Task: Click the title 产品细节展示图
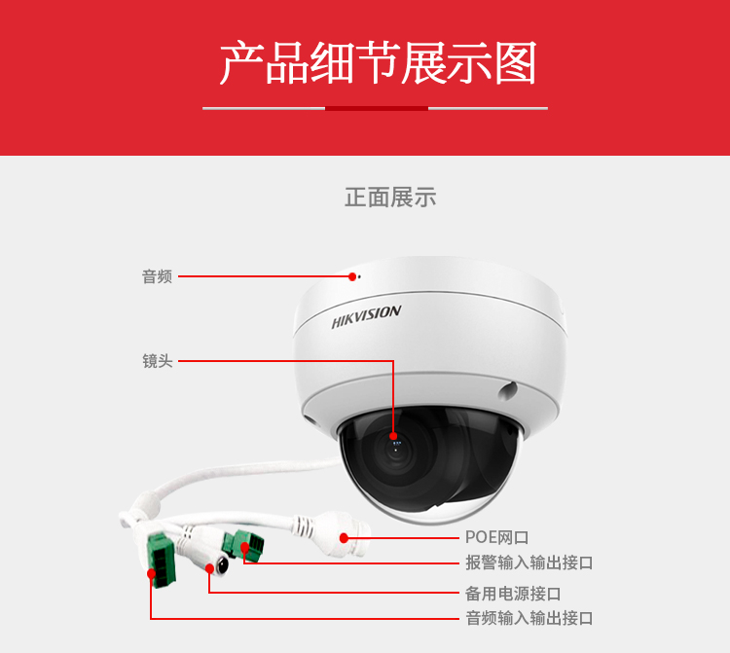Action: pyautogui.click(x=377, y=63)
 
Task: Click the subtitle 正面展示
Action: pyautogui.click(x=390, y=198)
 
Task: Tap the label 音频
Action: pyautogui.click(x=157, y=276)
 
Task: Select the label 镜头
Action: pyautogui.click(x=157, y=361)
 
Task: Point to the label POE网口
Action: pyautogui.click(x=496, y=537)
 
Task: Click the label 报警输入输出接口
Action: pyautogui.click(x=529, y=562)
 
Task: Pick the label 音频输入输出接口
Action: pyautogui.click(x=529, y=618)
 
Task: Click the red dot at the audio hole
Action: pyautogui.click(x=352, y=276)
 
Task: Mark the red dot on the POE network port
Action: pyautogui.click(x=344, y=537)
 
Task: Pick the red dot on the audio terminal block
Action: pyautogui.click(x=151, y=573)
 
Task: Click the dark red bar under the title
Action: pyautogui.click(x=376, y=108)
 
